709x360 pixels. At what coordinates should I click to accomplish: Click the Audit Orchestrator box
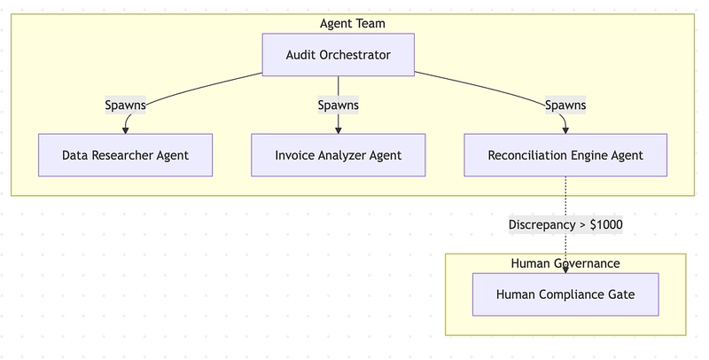(x=339, y=55)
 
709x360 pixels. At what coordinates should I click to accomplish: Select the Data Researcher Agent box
(x=125, y=155)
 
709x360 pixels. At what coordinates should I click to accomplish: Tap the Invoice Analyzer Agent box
(x=339, y=155)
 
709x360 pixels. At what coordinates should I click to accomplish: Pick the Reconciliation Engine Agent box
(x=565, y=155)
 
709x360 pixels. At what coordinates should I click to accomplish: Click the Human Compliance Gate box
(x=565, y=294)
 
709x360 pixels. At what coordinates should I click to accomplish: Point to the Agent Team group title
(x=353, y=24)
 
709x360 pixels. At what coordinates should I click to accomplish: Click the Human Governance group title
(x=565, y=263)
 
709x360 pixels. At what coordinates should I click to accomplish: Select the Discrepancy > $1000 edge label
(x=565, y=224)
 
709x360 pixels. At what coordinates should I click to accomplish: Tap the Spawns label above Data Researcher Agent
(x=125, y=106)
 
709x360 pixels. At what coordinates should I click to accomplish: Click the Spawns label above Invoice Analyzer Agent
(x=339, y=106)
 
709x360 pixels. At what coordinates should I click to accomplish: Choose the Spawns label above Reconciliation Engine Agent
(x=565, y=106)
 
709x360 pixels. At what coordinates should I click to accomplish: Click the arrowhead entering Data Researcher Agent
(x=125, y=130)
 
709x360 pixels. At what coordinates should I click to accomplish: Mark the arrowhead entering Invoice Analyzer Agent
(x=339, y=130)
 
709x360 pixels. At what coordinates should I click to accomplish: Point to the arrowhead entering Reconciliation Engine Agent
(x=565, y=130)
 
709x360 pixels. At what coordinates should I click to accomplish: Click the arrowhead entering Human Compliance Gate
(x=565, y=270)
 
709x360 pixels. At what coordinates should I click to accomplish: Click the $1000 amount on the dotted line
(x=606, y=224)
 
